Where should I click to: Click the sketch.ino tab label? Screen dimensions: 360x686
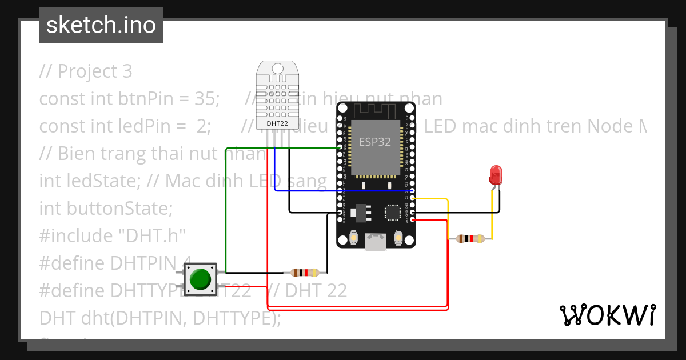click(101, 25)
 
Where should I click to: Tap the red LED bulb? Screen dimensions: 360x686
click(496, 174)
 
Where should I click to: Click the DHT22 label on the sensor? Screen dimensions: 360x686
click(277, 123)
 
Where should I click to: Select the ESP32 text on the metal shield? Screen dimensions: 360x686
click(374, 142)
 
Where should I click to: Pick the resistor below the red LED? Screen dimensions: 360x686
click(470, 239)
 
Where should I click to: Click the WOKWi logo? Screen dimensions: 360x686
click(607, 315)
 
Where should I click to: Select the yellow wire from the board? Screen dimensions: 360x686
click(448, 217)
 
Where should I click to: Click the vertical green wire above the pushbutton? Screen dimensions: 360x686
click(226, 206)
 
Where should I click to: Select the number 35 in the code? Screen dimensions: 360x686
click(204, 99)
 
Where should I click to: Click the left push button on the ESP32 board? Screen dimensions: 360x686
click(354, 238)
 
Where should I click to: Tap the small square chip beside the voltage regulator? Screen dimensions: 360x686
click(393, 213)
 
